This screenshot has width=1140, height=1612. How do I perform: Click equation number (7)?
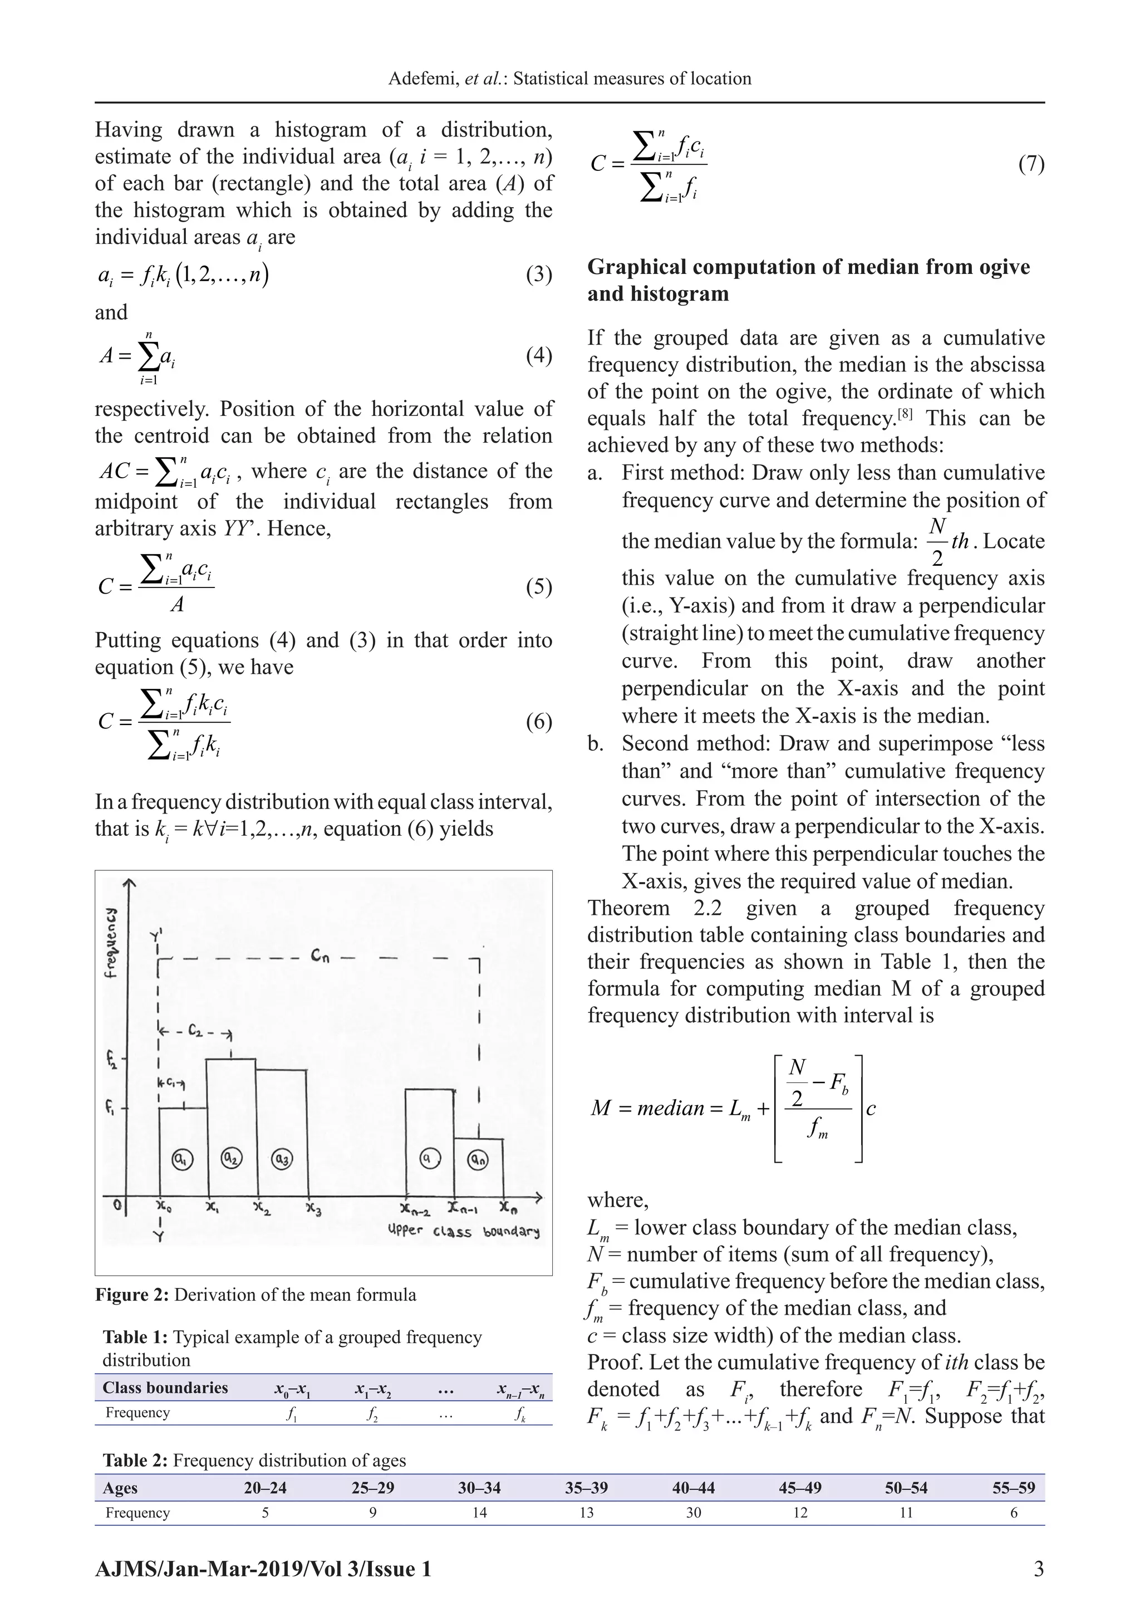point(1030,164)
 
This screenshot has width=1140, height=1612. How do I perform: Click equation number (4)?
point(538,355)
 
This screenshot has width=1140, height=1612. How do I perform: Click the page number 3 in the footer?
point(1038,1569)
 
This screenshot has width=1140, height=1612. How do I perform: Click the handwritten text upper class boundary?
point(463,1232)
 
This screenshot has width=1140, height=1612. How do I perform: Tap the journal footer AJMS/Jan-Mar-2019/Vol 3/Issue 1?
point(263,1569)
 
